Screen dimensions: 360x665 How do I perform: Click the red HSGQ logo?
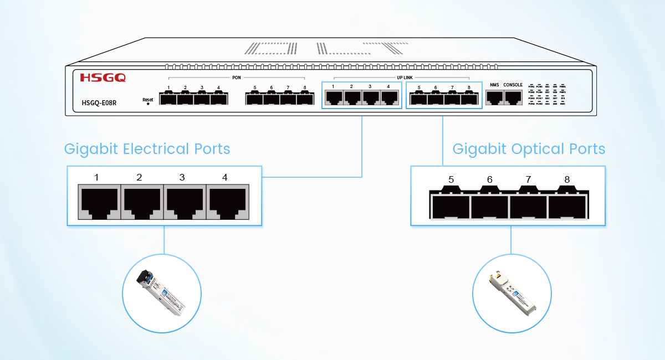tap(103, 78)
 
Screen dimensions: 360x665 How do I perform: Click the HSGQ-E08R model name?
tap(99, 102)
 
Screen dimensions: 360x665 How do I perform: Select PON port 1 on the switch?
tap(168, 99)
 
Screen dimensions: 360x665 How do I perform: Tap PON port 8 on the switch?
tap(305, 99)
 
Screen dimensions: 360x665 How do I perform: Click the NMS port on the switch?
tap(494, 97)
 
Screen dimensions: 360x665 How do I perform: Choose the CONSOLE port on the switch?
tap(513, 97)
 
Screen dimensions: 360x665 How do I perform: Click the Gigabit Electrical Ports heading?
tap(147, 149)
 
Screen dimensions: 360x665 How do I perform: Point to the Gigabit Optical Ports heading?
tap(529, 149)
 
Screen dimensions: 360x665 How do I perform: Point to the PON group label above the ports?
tap(236, 78)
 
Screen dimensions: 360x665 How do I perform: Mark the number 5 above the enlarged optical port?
tap(451, 179)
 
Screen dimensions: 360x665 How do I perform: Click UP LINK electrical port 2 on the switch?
tap(352, 97)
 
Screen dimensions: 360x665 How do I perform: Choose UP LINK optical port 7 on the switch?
tap(452, 99)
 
